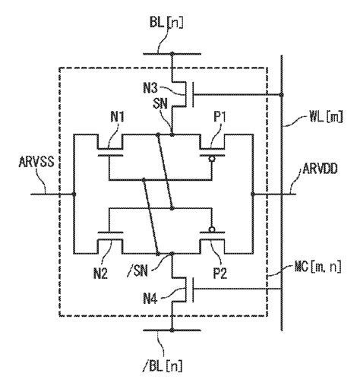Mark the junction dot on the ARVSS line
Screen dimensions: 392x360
click(74, 194)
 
